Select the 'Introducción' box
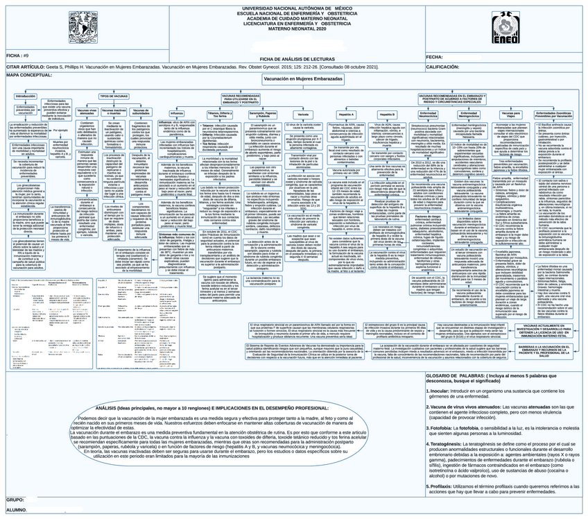(25, 96)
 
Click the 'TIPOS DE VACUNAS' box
(114, 96)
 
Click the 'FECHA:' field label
(435, 57)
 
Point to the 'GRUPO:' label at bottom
(15, 500)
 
